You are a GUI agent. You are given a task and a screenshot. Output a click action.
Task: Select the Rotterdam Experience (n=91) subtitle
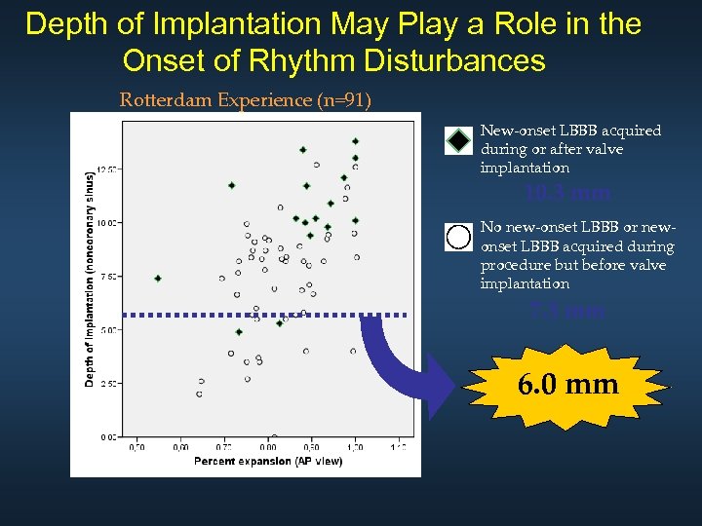pos(245,99)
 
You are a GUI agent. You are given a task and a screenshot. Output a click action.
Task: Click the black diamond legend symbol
pos(458,141)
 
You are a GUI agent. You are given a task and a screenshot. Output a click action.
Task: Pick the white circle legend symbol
pos(458,237)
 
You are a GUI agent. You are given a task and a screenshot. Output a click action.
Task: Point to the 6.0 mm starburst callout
pos(567,385)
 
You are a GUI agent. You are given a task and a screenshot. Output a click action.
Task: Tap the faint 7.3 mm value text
pos(566,311)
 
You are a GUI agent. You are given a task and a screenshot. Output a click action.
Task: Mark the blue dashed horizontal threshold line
pos(263,315)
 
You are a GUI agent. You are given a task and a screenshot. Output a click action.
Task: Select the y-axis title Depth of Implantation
pos(90,279)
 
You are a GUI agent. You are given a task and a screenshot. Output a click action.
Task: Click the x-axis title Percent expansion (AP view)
pos(268,460)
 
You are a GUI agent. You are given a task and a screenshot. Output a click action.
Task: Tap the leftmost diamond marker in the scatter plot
pos(158,279)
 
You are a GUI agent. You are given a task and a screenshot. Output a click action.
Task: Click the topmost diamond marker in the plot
pos(356,141)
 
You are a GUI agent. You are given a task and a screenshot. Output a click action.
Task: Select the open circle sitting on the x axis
pos(274,438)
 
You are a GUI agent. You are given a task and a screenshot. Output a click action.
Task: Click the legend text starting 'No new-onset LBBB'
pos(576,255)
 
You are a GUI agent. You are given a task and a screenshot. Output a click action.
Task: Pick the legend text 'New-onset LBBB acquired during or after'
pos(570,149)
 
